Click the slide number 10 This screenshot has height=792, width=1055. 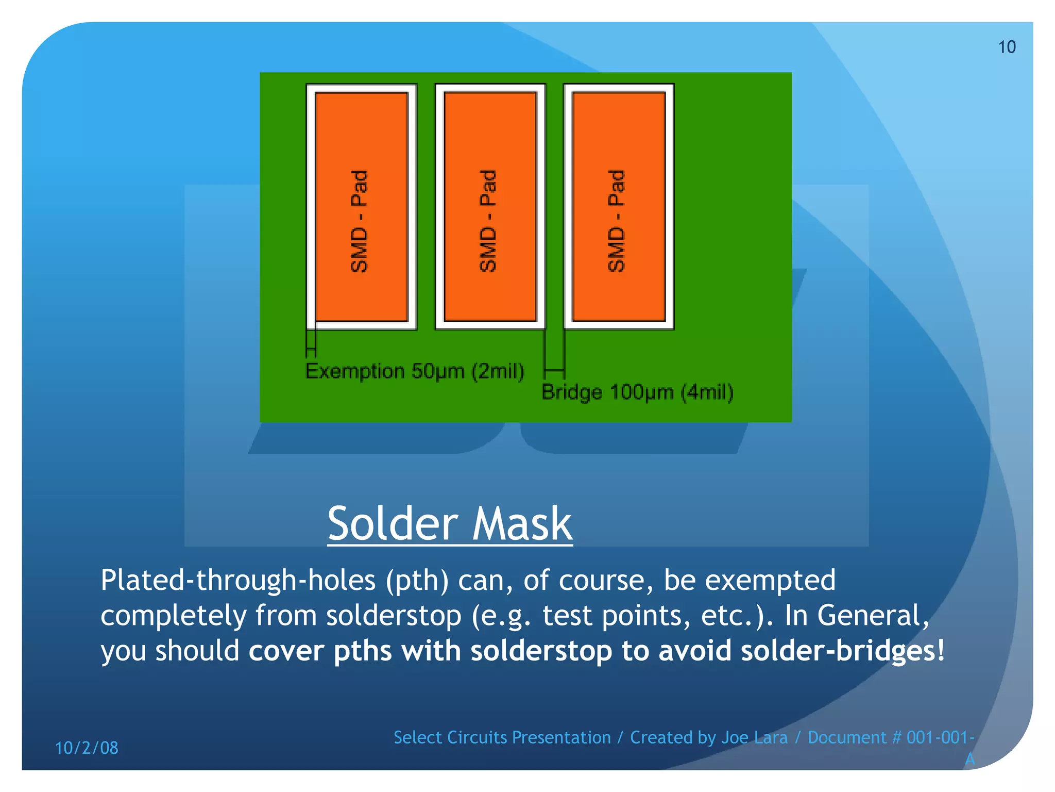(x=1007, y=47)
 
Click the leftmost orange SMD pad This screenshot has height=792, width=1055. (x=361, y=206)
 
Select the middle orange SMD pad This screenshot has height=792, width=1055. (x=490, y=206)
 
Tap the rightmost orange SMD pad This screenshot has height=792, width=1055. (x=619, y=206)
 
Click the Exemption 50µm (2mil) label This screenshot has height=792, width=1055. (x=415, y=371)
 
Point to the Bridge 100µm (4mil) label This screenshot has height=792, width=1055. (x=637, y=392)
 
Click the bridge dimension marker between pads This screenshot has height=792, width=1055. (x=555, y=370)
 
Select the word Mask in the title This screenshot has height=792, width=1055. (x=522, y=524)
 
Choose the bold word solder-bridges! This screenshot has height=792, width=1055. (x=842, y=651)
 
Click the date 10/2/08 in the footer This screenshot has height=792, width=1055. (x=87, y=748)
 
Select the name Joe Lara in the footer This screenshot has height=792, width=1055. (x=754, y=738)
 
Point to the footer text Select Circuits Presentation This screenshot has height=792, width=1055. (x=502, y=738)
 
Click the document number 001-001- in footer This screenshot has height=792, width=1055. (x=940, y=738)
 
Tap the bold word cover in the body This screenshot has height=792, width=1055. (x=286, y=651)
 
